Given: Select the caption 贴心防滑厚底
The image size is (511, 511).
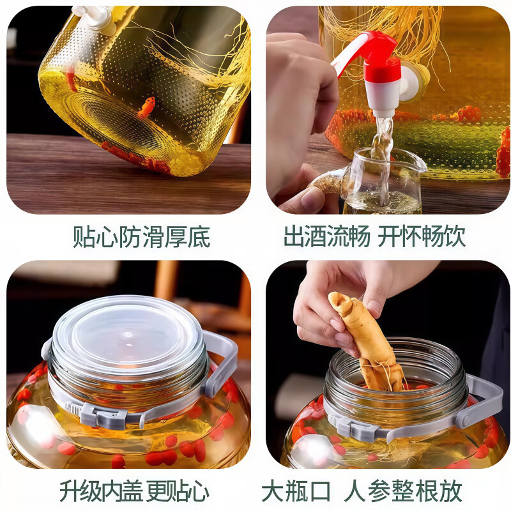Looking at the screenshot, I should tap(141, 238).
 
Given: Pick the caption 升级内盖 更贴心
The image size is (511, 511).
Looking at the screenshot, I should tap(134, 491).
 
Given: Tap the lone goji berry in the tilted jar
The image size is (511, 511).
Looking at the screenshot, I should tap(146, 107).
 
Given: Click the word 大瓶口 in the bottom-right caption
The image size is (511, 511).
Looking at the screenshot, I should tap(296, 491).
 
